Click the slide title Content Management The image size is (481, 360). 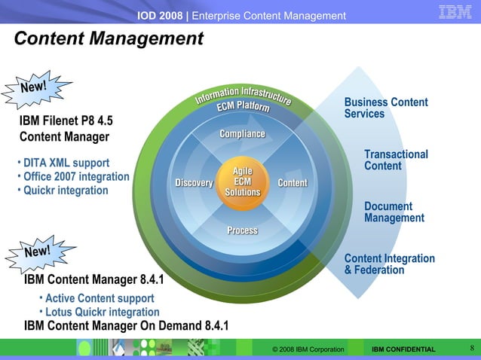[x=109, y=38]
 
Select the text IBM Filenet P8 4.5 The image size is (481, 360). [x=66, y=121]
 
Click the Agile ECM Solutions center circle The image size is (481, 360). [x=242, y=182]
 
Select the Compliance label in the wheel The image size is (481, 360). [x=242, y=134]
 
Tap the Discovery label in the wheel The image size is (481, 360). [x=194, y=183]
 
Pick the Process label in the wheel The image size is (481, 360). [x=242, y=230]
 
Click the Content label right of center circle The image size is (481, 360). [x=293, y=183]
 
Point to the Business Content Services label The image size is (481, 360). [x=385, y=108]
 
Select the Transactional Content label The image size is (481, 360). [x=395, y=160]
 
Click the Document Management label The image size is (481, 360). [x=394, y=212]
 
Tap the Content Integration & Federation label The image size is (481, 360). [x=389, y=264]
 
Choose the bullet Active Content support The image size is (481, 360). [x=100, y=298]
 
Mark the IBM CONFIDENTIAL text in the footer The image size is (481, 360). [x=403, y=349]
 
